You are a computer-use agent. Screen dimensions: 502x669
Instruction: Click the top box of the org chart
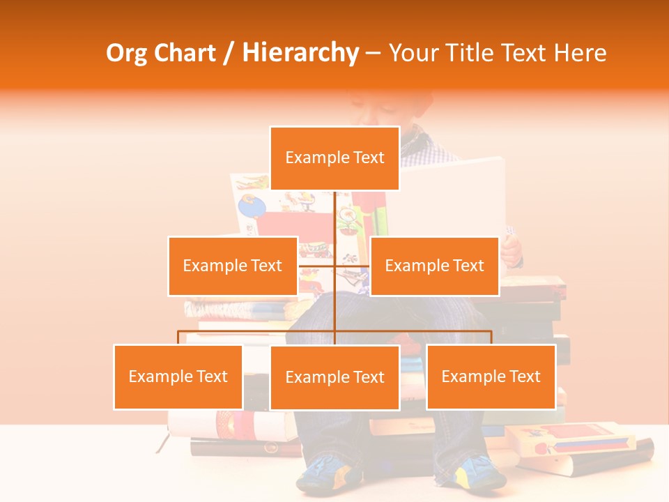pyautogui.click(x=334, y=158)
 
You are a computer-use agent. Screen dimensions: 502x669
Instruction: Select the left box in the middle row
pyautogui.click(x=233, y=266)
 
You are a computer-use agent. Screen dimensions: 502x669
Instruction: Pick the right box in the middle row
pyautogui.click(x=434, y=266)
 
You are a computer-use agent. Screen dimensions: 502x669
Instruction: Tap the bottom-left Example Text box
pyautogui.click(x=178, y=376)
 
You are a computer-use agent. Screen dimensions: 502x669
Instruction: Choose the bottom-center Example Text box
pyautogui.click(x=334, y=377)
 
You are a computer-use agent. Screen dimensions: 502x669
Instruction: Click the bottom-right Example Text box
pyautogui.click(x=491, y=376)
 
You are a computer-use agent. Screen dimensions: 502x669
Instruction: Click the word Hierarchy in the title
pyautogui.click(x=300, y=53)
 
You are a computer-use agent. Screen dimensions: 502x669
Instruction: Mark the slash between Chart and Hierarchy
pyautogui.click(x=229, y=53)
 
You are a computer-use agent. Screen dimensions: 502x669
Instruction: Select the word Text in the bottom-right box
pyautogui.click(x=525, y=376)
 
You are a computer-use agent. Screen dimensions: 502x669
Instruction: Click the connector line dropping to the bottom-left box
pyautogui.click(x=178, y=337)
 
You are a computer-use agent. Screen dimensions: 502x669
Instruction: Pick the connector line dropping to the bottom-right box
pyautogui.click(x=491, y=337)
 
